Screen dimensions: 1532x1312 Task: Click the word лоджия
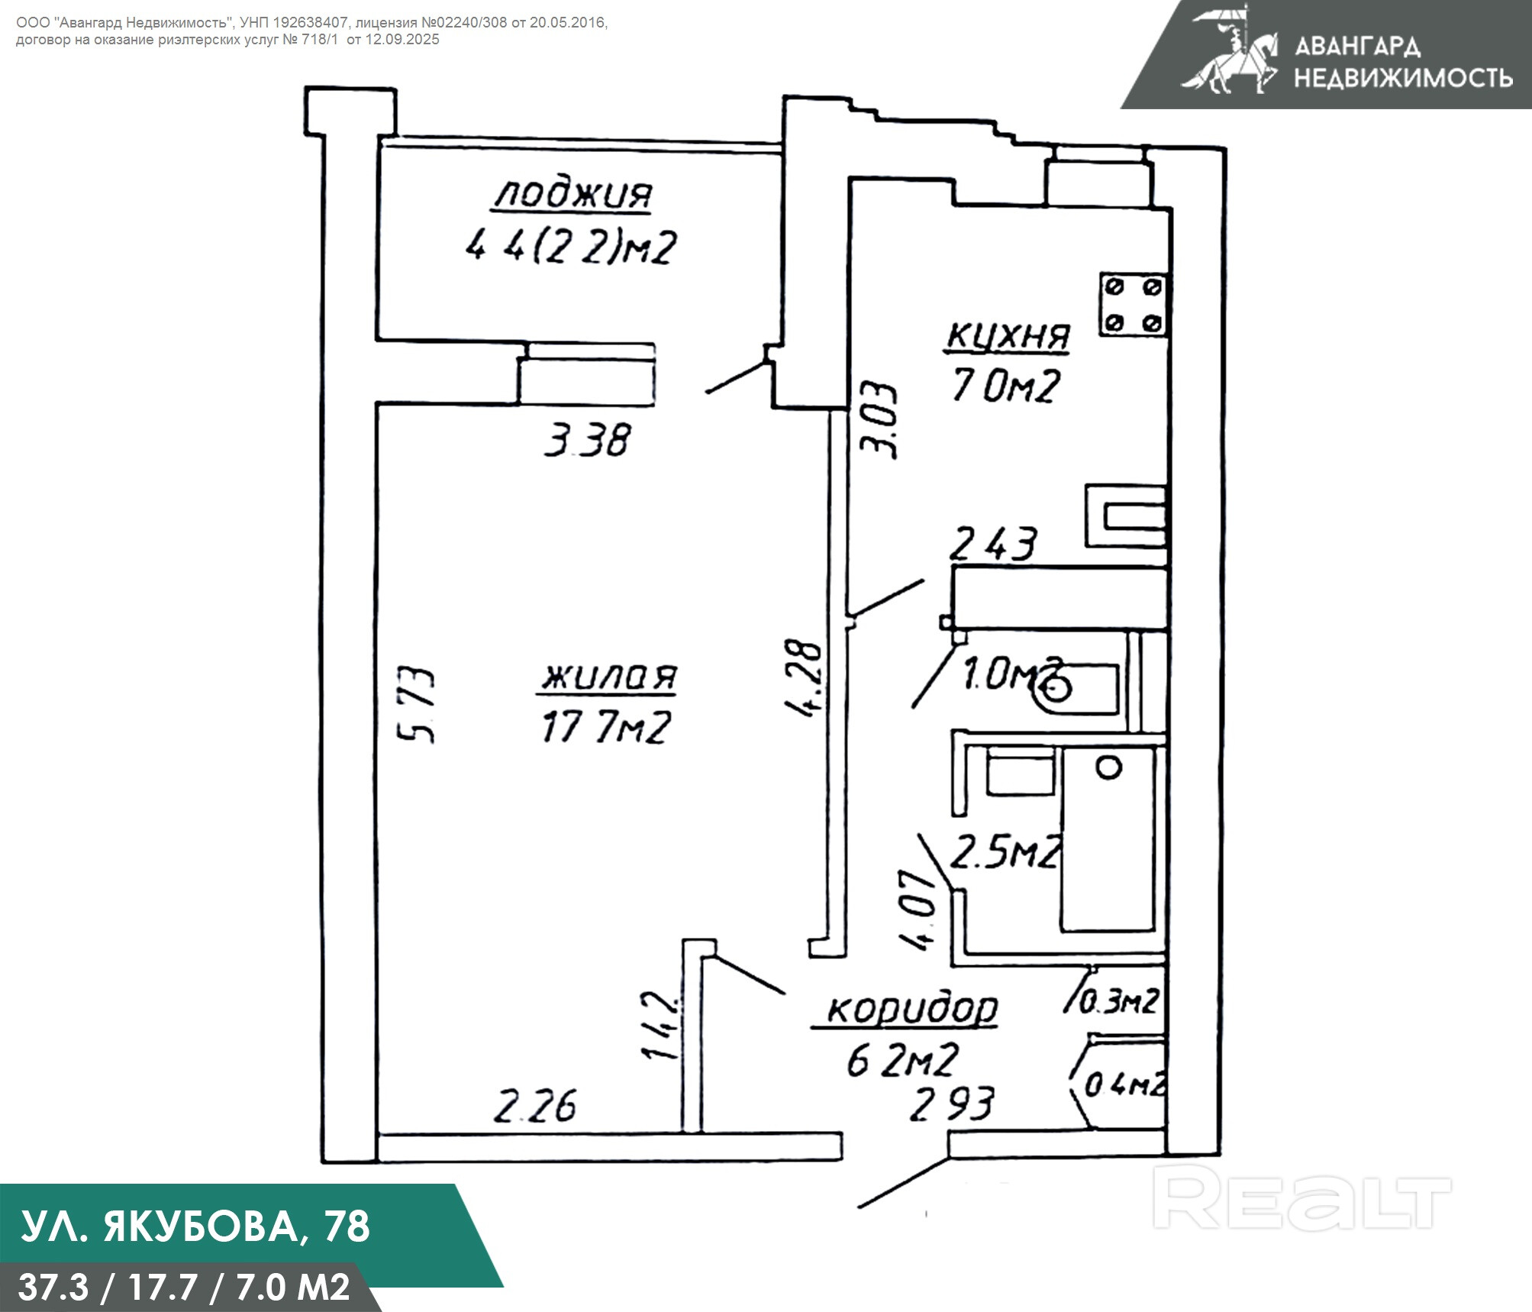[572, 196]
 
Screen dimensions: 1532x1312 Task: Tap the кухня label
[1008, 336]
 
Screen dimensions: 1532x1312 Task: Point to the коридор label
[912, 1009]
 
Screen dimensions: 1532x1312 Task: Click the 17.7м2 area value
[605, 727]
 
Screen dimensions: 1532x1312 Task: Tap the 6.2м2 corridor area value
[901, 1060]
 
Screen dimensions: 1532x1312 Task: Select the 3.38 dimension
[587, 441]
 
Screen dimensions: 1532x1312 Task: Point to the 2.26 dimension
[534, 1107]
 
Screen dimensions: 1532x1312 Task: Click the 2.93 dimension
[951, 1104]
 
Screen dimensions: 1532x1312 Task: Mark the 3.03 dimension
[879, 420]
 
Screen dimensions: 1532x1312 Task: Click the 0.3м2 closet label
[1119, 1000]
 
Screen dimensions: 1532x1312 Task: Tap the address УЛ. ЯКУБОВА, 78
[195, 1226]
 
